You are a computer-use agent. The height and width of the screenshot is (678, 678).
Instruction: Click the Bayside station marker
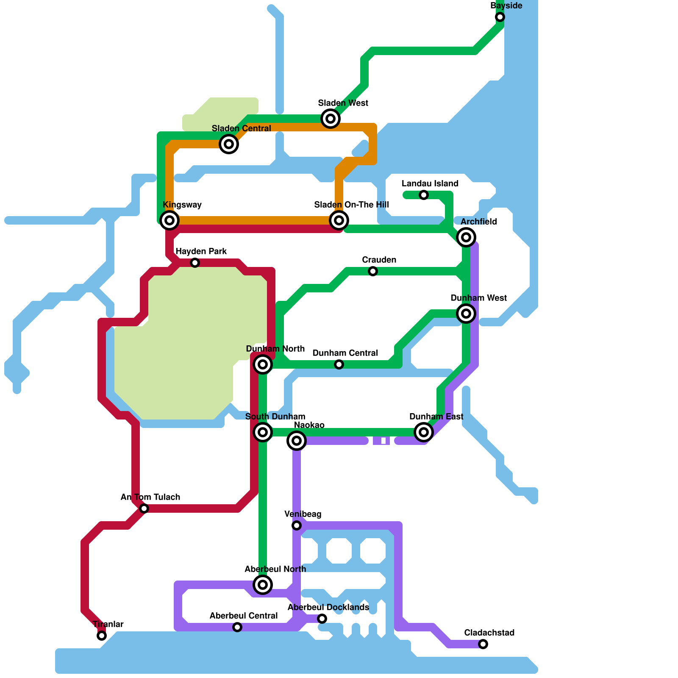pos(500,17)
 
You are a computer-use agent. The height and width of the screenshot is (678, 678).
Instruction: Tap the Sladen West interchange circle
pos(331,119)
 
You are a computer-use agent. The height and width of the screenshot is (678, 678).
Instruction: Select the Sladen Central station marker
pos(229,144)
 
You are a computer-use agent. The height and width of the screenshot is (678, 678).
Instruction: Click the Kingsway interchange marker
pos(169,220)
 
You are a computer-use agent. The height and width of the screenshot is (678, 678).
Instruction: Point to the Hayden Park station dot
pos(195,263)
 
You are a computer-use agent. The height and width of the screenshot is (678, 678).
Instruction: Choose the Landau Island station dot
pos(424,195)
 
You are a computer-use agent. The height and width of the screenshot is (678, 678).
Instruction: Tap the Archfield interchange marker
pos(466,237)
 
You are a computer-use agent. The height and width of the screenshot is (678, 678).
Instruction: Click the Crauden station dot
pos(373,271)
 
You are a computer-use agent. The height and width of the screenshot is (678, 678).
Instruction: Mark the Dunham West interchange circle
pos(466,314)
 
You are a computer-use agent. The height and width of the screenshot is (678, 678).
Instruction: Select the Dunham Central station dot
pos(339,364)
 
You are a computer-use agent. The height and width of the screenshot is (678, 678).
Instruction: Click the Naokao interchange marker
pos(297,441)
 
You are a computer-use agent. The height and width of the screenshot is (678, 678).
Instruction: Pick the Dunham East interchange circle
pos(424,432)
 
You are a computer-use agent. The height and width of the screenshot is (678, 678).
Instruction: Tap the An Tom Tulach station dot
pos(144,508)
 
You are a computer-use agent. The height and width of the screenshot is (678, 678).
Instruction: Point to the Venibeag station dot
pos(297,525)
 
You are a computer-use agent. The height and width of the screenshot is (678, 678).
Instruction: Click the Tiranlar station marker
pos(102,636)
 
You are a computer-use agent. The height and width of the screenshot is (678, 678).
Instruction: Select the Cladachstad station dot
pos(483,644)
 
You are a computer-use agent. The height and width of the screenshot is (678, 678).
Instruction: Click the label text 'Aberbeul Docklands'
pos(328,607)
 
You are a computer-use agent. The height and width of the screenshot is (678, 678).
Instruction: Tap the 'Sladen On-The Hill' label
pos(351,205)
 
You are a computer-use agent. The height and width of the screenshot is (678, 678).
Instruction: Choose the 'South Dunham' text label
pos(275,417)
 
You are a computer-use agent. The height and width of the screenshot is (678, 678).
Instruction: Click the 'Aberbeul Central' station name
pos(244,616)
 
